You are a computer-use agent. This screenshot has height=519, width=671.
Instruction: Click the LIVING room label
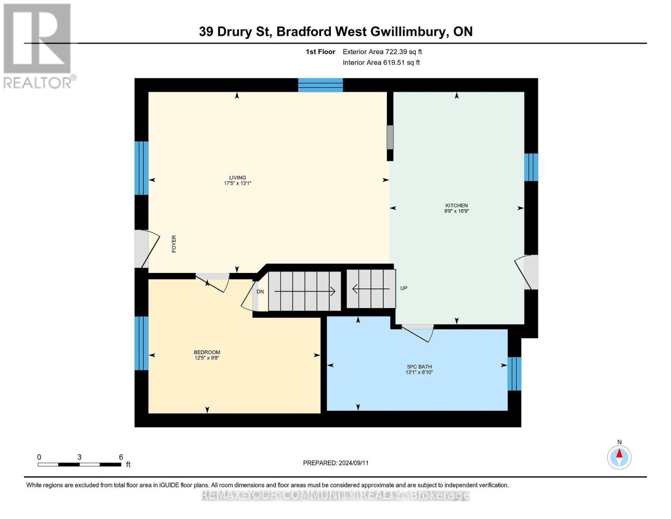click(237, 177)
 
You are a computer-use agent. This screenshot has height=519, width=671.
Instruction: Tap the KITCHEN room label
click(457, 205)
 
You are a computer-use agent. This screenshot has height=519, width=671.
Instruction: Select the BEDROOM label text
click(207, 352)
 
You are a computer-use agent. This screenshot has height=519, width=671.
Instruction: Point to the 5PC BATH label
click(419, 366)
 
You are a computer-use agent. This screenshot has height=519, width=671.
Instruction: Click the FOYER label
click(174, 244)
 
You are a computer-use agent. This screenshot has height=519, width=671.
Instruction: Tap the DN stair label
click(260, 292)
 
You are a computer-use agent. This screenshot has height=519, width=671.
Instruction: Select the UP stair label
click(404, 288)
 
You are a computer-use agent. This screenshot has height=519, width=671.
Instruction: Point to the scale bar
click(79, 465)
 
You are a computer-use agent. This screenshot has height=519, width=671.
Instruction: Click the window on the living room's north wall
click(320, 85)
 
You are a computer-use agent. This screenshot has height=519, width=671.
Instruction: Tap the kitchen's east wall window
click(531, 167)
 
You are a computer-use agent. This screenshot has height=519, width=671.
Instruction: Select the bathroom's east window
click(514, 373)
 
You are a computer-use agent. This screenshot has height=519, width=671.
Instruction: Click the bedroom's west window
click(141, 343)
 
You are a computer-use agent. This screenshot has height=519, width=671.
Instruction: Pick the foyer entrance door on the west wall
click(141, 249)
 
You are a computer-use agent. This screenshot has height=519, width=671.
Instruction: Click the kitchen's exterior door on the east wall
click(531, 272)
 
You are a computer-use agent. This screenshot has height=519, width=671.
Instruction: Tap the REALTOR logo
click(38, 45)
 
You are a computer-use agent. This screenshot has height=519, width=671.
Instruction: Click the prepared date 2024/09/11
click(336, 463)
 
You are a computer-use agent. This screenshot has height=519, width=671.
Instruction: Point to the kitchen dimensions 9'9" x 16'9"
click(457, 211)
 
